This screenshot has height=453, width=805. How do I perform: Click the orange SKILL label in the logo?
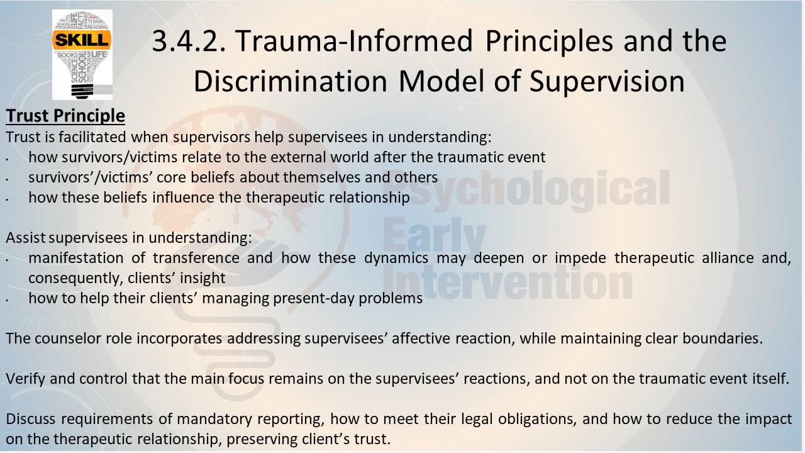click(82, 40)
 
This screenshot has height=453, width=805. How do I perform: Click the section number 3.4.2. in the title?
click(189, 41)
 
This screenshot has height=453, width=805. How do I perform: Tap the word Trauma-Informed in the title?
click(354, 41)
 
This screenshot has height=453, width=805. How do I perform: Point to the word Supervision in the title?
click(607, 82)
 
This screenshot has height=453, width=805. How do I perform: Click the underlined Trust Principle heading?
click(65, 116)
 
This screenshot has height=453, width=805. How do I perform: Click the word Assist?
click(26, 238)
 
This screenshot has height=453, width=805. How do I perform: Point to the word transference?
click(196, 258)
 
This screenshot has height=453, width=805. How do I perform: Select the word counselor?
click(69, 338)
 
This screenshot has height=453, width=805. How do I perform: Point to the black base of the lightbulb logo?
click(82, 91)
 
